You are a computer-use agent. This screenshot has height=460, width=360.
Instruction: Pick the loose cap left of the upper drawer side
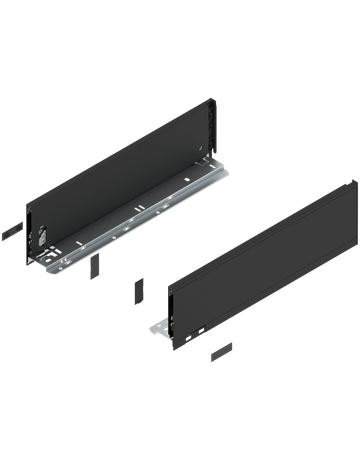[x=9, y=230]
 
